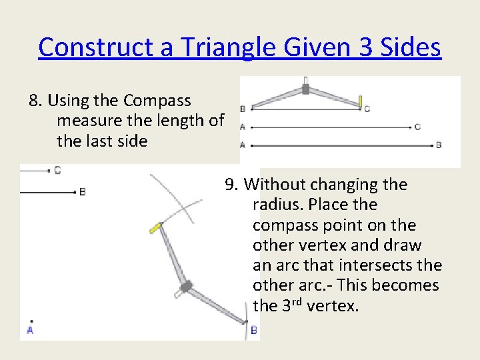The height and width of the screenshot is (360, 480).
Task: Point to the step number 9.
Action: [x=230, y=184]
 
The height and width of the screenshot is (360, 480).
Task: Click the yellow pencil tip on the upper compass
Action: [x=360, y=101]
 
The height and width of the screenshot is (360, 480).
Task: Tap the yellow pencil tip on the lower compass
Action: [x=155, y=227]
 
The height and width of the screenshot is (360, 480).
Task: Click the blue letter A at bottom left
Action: [x=30, y=329]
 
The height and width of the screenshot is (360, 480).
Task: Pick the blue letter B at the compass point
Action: [x=254, y=330]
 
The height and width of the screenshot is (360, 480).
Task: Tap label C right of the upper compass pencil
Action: [x=367, y=109]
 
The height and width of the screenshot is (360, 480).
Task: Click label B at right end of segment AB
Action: [x=439, y=145]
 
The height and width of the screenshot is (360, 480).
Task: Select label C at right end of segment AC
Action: [x=417, y=127]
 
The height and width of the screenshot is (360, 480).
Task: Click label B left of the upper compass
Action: [x=243, y=109]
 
